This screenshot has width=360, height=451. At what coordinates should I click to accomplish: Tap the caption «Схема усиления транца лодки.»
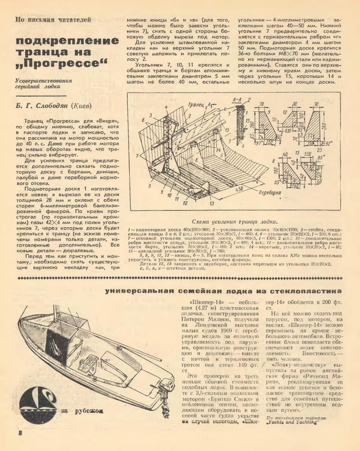click(234, 221)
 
